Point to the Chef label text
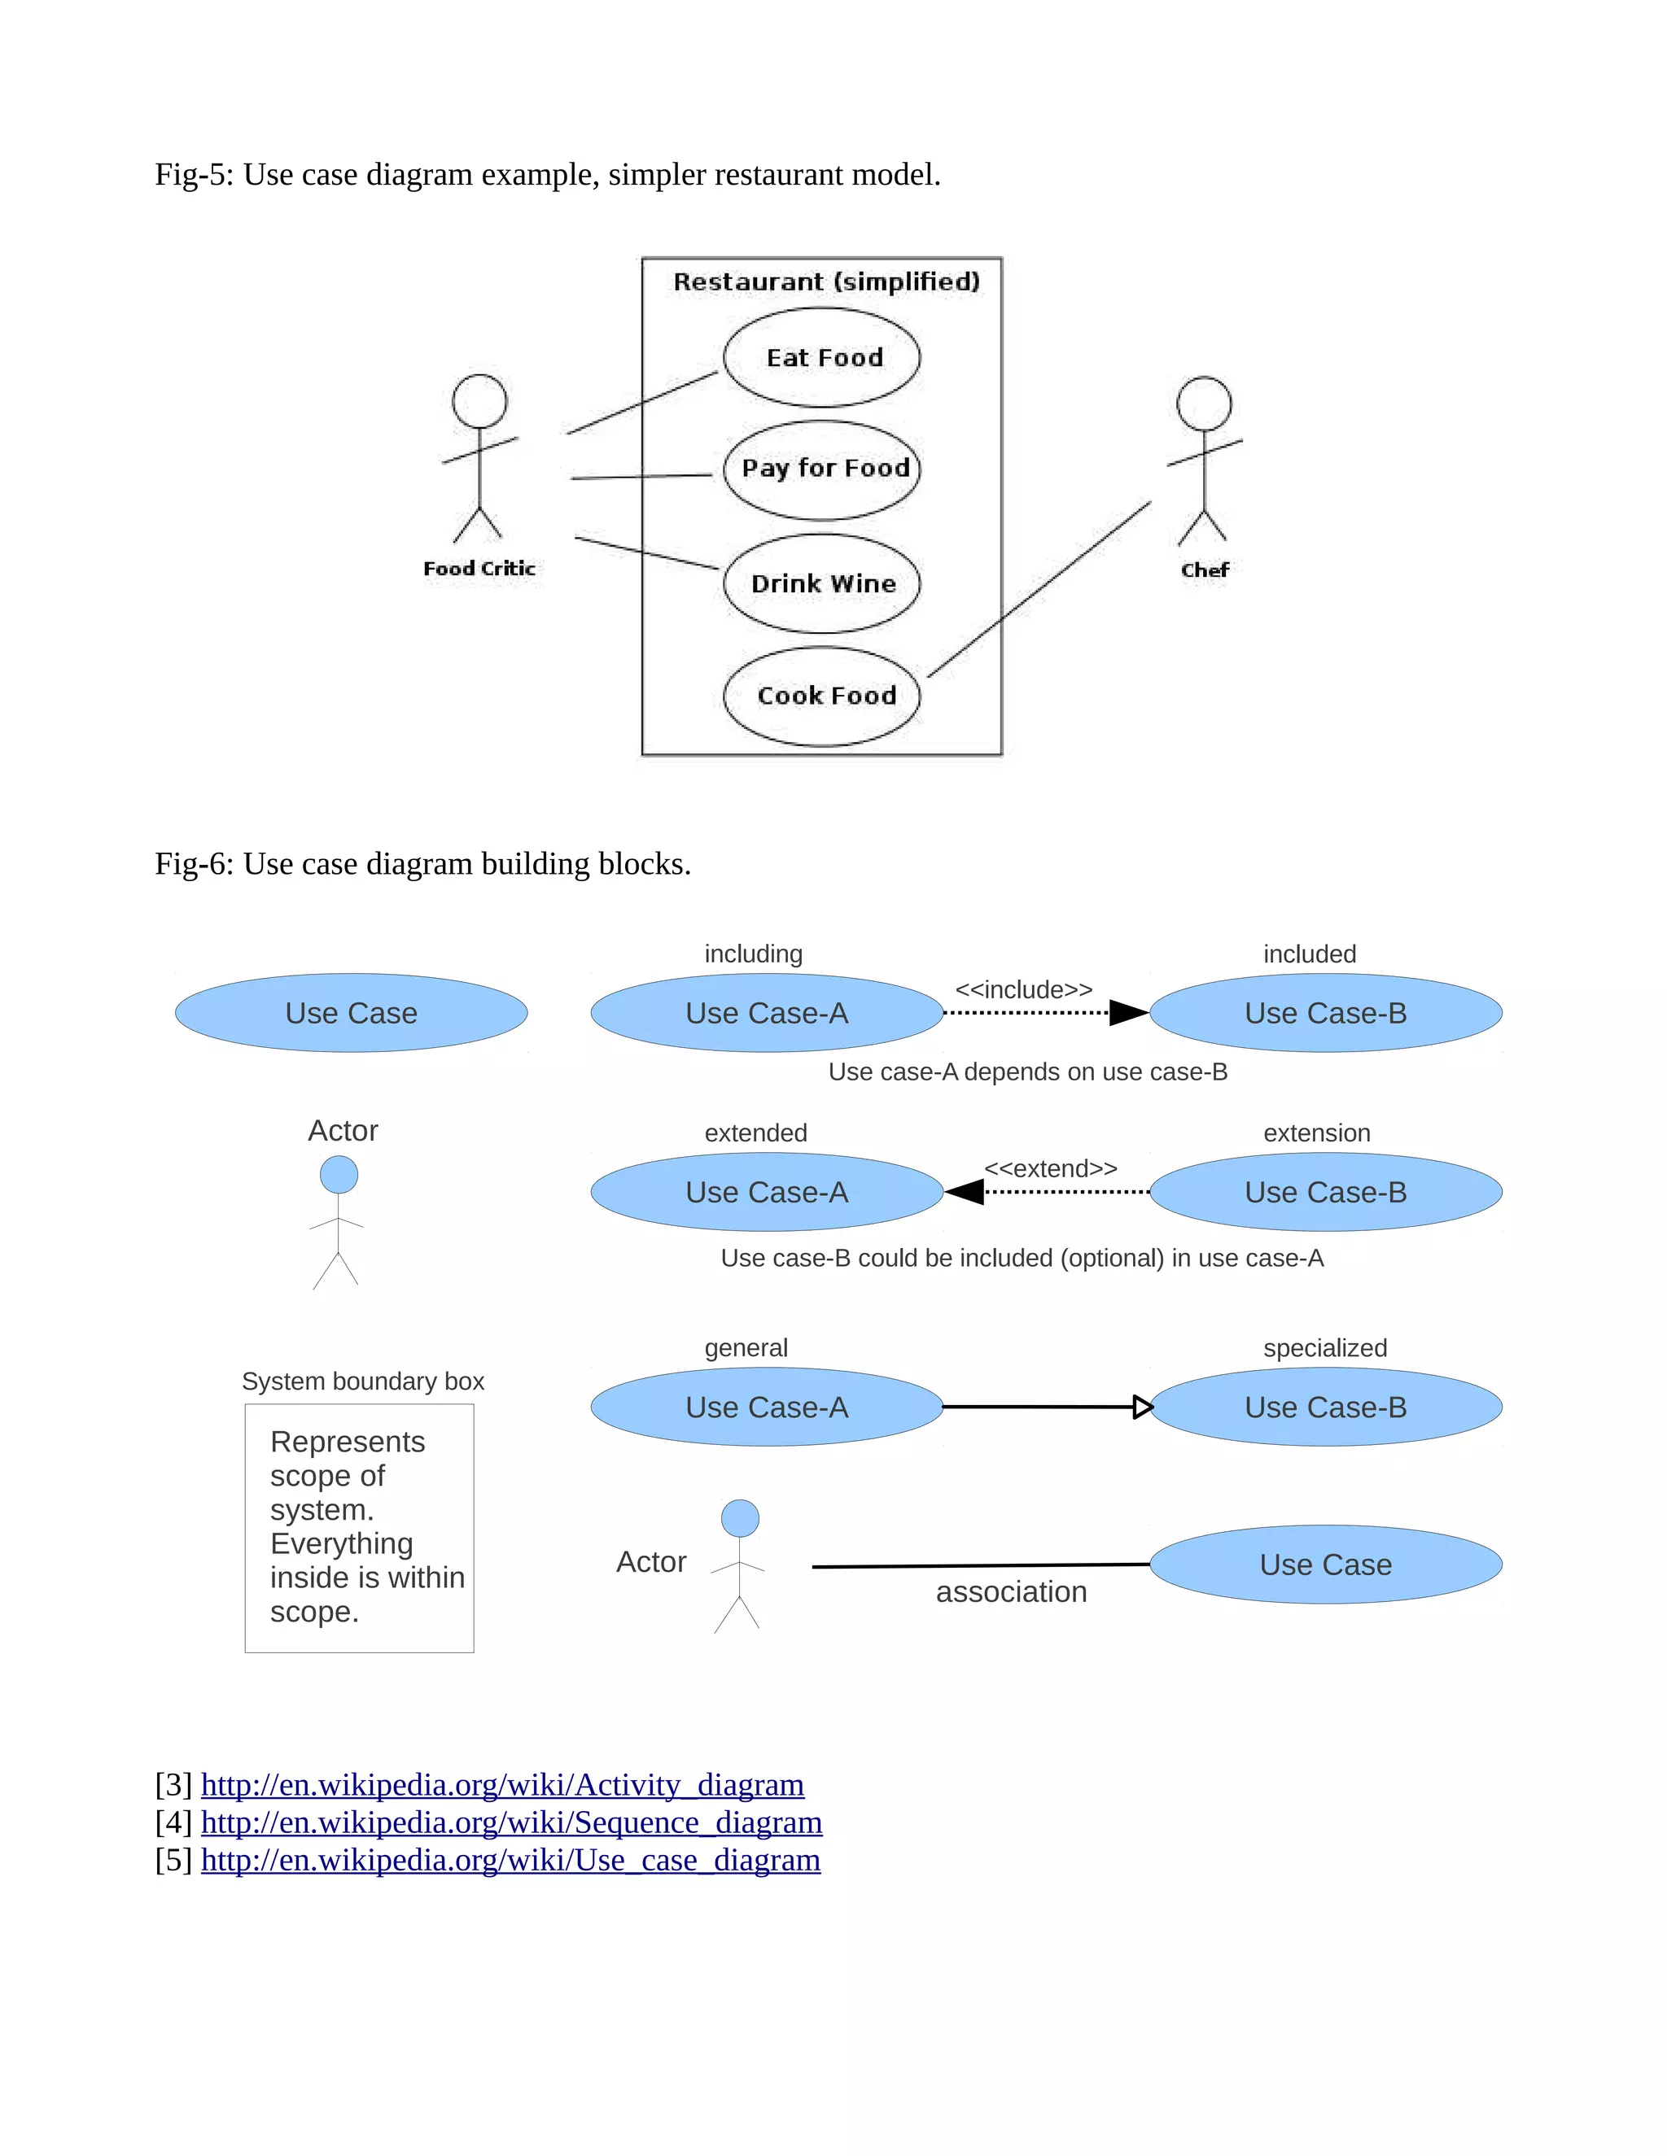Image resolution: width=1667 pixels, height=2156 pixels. pyautogui.click(x=1204, y=570)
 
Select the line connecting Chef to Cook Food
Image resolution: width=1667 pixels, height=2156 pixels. pyautogui.click(x=1040, y=589)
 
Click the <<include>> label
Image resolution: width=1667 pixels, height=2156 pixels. pyautogui.click(x=1023, y=989)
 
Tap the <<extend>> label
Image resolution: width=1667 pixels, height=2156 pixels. pyautogui.click(x=1050, y=1169)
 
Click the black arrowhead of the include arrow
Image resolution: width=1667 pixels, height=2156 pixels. pyautogui.click(x=1128, y=1013)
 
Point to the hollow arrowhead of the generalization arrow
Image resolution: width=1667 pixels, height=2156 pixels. pyautogui.click(x=1143, y=1407)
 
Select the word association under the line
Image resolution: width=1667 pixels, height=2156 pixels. pyautogui.click(x=1011, y=1591)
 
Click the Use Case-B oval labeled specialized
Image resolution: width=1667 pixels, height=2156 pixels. pyautogui.click(x=1325, y=1407)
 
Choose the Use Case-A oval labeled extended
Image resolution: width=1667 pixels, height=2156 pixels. pyautogui.click(x=766, y=1192)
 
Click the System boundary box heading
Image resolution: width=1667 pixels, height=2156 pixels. pyautogui.click(x=362, y=1381)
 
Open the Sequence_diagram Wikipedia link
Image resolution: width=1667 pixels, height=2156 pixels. pyautogui.click(x=511, y=1822)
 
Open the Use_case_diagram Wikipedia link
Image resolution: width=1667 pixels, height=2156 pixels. pyautogui.click(x=510, y=1860)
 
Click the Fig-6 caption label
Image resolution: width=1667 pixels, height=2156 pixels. pyautogui.click(x=422, y=864)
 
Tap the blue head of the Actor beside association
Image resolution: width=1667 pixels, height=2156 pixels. pyautogui.click(x=740, y=1518)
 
